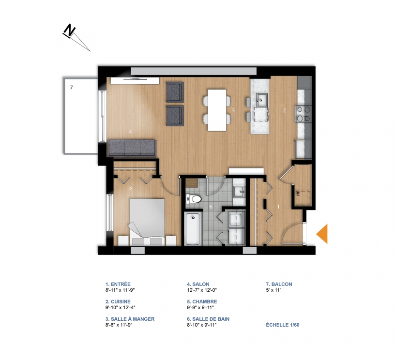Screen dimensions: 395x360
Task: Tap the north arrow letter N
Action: click(x=69, y=30)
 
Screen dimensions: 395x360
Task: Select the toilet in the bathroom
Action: click(x=194, y=199)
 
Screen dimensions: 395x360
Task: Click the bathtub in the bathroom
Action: click(x=193, y=229)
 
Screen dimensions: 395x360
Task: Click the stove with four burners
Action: click(x=304, y=114)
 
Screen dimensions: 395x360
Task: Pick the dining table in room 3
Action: click(x=217, y=110)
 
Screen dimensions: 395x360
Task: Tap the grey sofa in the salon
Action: click(x=132, y=148)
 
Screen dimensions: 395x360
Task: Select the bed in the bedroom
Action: click(x=147, y=222)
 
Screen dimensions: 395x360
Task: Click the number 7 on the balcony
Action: click(x=72, y=88)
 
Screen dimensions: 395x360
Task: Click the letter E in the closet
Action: click(x=298, y=194)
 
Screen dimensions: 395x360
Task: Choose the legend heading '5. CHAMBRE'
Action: click(x=202, y=301)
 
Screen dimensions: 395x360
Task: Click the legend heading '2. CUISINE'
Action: click(x=118, y=301)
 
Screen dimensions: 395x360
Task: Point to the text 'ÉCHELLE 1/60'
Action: click(x=283, y=325)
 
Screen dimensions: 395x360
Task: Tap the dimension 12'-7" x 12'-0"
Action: click(x=202, y=290)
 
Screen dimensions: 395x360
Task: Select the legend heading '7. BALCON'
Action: click(x=279, y=284)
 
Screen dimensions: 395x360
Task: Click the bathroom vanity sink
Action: click(x=239, y=192)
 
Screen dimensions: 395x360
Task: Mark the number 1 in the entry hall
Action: click(x=278, y=207)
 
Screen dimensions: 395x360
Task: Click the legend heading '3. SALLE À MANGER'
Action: click(x=130, y=319)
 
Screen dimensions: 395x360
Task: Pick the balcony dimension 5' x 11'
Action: click(x=273, y=290)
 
